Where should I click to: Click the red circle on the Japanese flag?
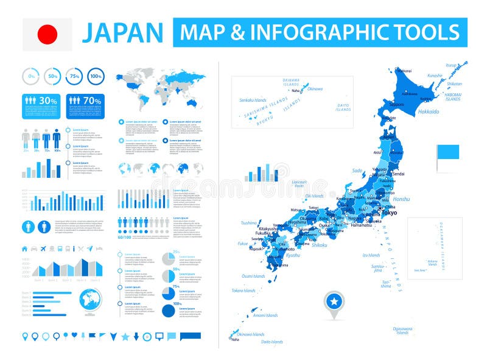[47, 34]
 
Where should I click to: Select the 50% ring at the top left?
[53, 77]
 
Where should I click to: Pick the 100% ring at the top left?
[95, 77]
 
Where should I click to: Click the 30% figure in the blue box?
[49, 100]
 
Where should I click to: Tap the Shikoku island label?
[320, 245]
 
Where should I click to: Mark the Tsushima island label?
[250, 223]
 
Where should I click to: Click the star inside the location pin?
[334, 302]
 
